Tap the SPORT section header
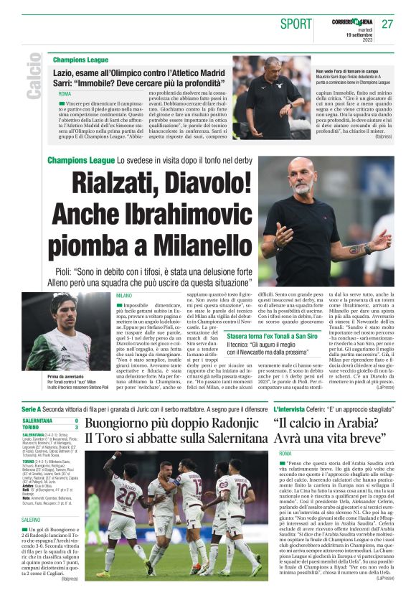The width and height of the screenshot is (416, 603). pos(296,24)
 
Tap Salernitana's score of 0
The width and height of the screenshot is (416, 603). pos(76,420)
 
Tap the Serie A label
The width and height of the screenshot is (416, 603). pos(31,408)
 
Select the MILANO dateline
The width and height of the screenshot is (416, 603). pos(124,296)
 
